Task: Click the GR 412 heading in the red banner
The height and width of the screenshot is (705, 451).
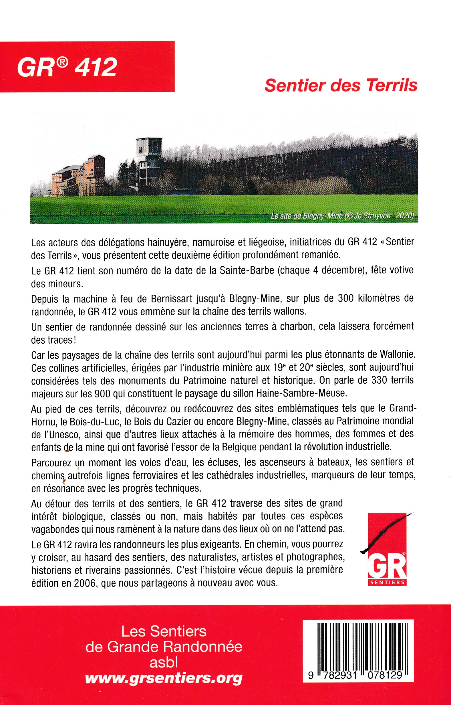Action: [67, 68]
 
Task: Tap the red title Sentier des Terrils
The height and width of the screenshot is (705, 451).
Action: [341, 86]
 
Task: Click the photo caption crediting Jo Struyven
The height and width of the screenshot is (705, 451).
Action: [342, 216]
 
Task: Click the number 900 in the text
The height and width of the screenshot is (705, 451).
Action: [102, 393]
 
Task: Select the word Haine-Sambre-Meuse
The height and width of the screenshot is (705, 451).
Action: [302, 393]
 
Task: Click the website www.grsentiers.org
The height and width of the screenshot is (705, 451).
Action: [164, 678]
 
